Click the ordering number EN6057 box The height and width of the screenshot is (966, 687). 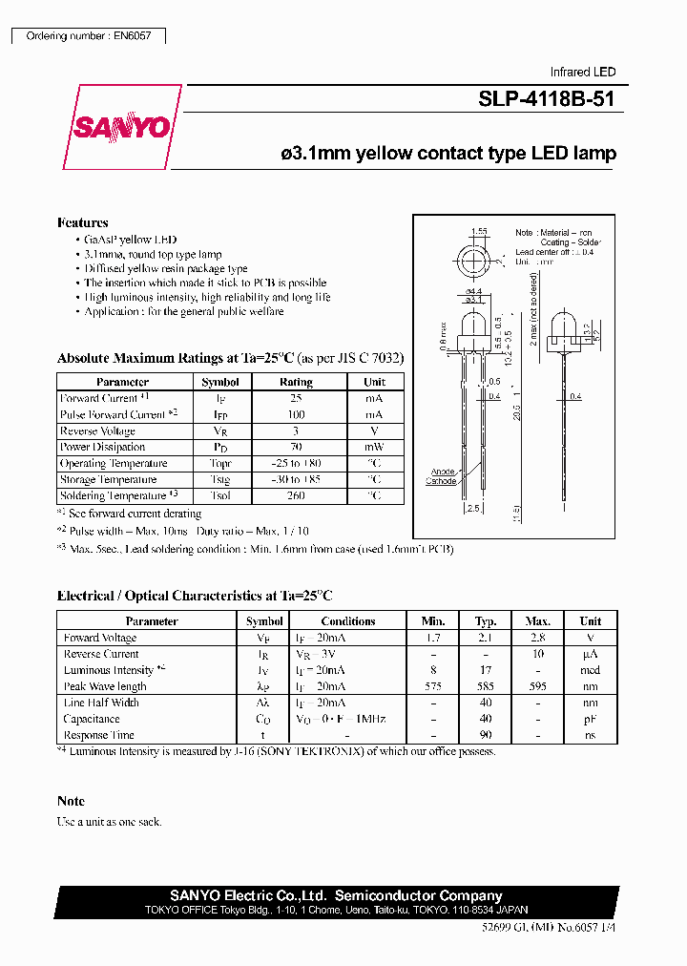[x=88, y=35]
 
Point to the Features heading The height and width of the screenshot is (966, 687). [x=83, y=222]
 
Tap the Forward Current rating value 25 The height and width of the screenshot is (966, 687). [x=296, y=398]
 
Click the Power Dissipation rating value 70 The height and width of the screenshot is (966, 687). [x=296, y=447]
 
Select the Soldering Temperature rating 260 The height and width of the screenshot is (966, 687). [x=296, y=495]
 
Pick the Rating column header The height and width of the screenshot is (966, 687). [x=296, y=382]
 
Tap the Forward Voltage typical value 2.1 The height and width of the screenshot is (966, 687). [x=486, y=638]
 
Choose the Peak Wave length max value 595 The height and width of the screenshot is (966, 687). [x=538, y=686]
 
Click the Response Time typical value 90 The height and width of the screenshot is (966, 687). [x=486, y=735]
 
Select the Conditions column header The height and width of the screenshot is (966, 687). [x=348, y=621]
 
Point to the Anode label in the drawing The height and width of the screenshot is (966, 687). [x=443, y=472]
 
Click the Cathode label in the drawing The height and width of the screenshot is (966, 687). [x=441, y=481]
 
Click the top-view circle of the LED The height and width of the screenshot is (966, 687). [x=474, y=261]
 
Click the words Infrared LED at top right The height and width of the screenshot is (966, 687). [x=583, y=72]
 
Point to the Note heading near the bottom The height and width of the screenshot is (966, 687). [x=71, y=801]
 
